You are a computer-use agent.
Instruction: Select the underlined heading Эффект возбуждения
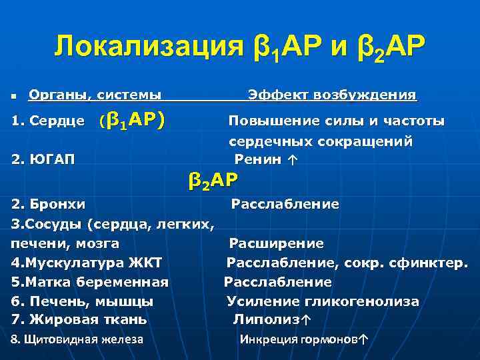(x=332, y=95)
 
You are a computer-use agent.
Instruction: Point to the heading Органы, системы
(x=94, y=95)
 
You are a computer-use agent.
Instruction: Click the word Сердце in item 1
(x=61, y=121)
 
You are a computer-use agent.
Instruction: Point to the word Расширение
(x=277, y=243)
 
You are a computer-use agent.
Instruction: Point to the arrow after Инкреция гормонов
(x=362, y=339)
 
